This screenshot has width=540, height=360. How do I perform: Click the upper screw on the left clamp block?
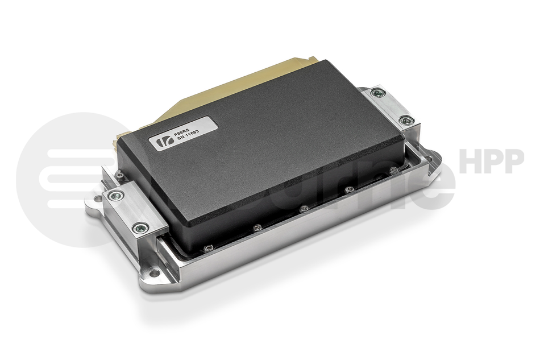pos(116,196)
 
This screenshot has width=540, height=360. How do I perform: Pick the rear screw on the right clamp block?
pos(377,93)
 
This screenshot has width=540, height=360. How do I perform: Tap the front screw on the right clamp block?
pos(406,120)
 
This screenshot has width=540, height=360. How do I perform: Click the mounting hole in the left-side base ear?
pos(94,201)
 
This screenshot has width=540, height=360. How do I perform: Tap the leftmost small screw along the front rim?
pos(208,248)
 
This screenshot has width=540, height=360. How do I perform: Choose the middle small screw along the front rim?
pos(304,209)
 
